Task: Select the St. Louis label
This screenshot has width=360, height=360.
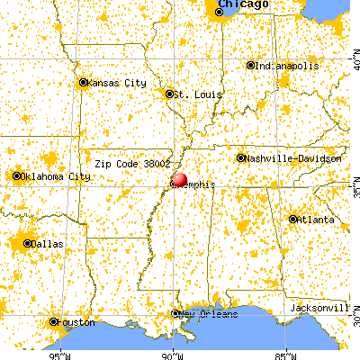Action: point(193,94)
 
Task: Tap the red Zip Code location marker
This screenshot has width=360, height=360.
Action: point(180,182)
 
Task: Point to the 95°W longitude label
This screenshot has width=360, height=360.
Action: point(60,354)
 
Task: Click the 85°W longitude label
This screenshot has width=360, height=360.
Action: point(285,354)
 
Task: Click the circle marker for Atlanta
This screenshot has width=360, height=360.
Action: point(293,219)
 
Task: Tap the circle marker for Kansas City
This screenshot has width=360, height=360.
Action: point(84,83)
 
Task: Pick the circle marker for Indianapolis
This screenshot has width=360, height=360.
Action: point(251,65)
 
